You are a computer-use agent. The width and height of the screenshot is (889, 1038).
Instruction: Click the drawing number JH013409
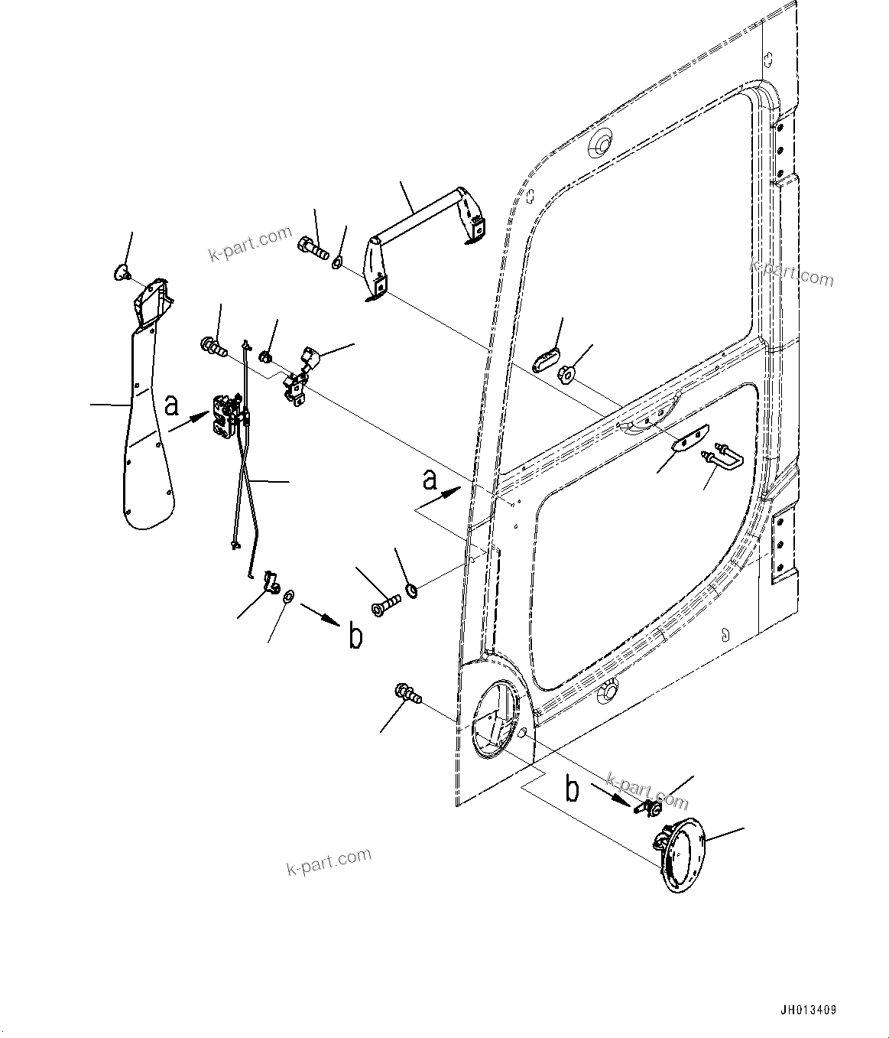pos(809,1010)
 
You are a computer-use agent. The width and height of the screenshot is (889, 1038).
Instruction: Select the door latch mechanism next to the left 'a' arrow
pos(225,417)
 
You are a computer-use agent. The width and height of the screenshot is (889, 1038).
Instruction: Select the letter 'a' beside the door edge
pos(430,481)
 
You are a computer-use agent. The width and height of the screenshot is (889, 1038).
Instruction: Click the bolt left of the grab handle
pos(310,245)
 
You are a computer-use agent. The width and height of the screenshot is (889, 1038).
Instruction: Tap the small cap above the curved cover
pos(121,272)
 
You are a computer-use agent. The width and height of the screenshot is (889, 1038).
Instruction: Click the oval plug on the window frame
pos(546,360)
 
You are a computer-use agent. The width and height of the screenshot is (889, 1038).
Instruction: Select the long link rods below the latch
pos(243,490)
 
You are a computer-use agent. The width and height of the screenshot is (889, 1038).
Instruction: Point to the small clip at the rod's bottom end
pos(271,583)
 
